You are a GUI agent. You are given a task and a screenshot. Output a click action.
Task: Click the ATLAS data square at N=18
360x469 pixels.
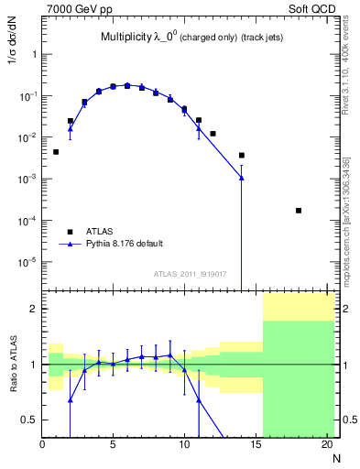pyautogui.click(x=299, y=211)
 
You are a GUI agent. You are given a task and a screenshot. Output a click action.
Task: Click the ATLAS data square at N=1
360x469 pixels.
pyautogui.click(x=56, y=152)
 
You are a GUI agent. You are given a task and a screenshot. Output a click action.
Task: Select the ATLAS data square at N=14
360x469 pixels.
pyautogui.click(x=242, y=156)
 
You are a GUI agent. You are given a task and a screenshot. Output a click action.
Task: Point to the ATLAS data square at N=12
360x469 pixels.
pyautogui.click(x=213, y=134)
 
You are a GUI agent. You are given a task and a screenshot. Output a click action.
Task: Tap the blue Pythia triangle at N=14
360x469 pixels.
pyautogui.click(x=242, y=178)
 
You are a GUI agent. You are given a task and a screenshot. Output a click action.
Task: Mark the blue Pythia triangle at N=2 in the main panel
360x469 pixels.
pyautogui.click(x=71, y=129)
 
